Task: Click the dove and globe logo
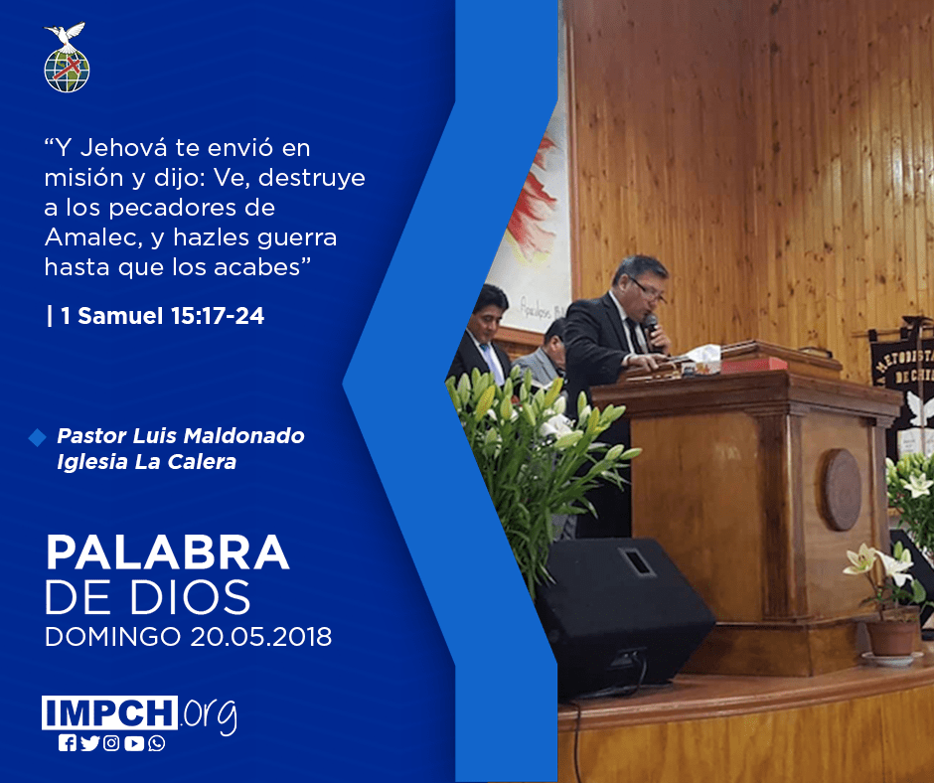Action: click(67, 58)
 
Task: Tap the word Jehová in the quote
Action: click(123, 148)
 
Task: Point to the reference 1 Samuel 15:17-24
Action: click(155, 316)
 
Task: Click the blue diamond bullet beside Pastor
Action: click(37, 437)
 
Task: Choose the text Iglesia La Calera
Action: click(146, 462)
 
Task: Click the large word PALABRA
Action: click(167, 553)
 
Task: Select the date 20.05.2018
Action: click(261, 637)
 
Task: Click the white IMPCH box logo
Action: click(109, 712)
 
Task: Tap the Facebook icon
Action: click(68, 743)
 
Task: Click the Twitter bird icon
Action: click(90, 743)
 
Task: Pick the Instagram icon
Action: click(111, 743)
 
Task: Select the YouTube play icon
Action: click(134, 743)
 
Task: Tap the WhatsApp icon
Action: click(157, 743)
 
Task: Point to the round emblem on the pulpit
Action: click(843, 490)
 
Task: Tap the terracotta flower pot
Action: click(891, 636)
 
